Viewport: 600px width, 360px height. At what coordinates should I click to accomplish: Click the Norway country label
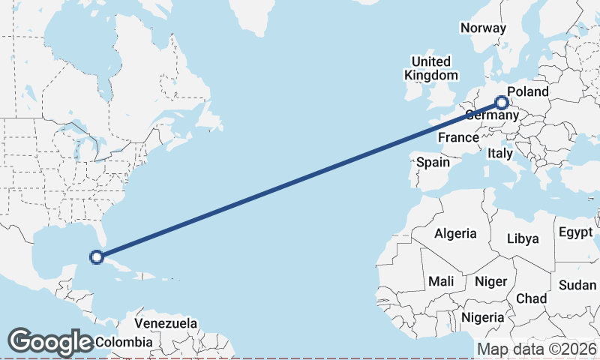pyautogui.click(x=483, y=28)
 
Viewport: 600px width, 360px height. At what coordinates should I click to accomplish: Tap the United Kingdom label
pyautogui.click(x=430, y=68)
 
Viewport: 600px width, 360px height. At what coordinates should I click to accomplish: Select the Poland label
pyautogui.click(x=528, y=92)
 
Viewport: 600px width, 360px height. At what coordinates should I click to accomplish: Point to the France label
pyautogui.click(x=458, y=137)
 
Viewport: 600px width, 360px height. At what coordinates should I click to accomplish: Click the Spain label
pyautogui.click(x=433, y=162)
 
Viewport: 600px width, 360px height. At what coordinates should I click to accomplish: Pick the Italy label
pyautogui.click(x=499, y=153)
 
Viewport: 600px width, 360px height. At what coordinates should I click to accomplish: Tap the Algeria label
pyautogui.click(x=455, y=233)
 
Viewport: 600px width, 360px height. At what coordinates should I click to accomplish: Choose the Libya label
pyautogui.click(x=523, y=238)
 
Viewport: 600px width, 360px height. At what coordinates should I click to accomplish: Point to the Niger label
pyautogui.click(x=492, y=281)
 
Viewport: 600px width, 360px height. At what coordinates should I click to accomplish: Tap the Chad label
pyautogui.click(x=532, y=298)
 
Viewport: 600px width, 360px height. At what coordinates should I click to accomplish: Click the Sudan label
pyautogui.click(x=577, y=285)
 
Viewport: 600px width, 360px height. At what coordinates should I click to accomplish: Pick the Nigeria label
pyautogui.click(x=483, y=317)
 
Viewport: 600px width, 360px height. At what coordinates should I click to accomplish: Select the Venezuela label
pyautogui.click(x=166, y=324)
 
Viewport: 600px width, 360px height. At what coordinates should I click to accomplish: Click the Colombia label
pyautogui.click(x=123, y=342)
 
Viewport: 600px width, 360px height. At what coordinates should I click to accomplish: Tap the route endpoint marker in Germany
pyautogui.click(x=502, y=103)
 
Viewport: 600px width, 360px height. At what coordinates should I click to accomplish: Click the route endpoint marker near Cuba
pyautogui.click(x=96, y=257)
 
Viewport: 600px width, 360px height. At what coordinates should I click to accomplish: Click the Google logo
pyautogui.click(x=50, y=342)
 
